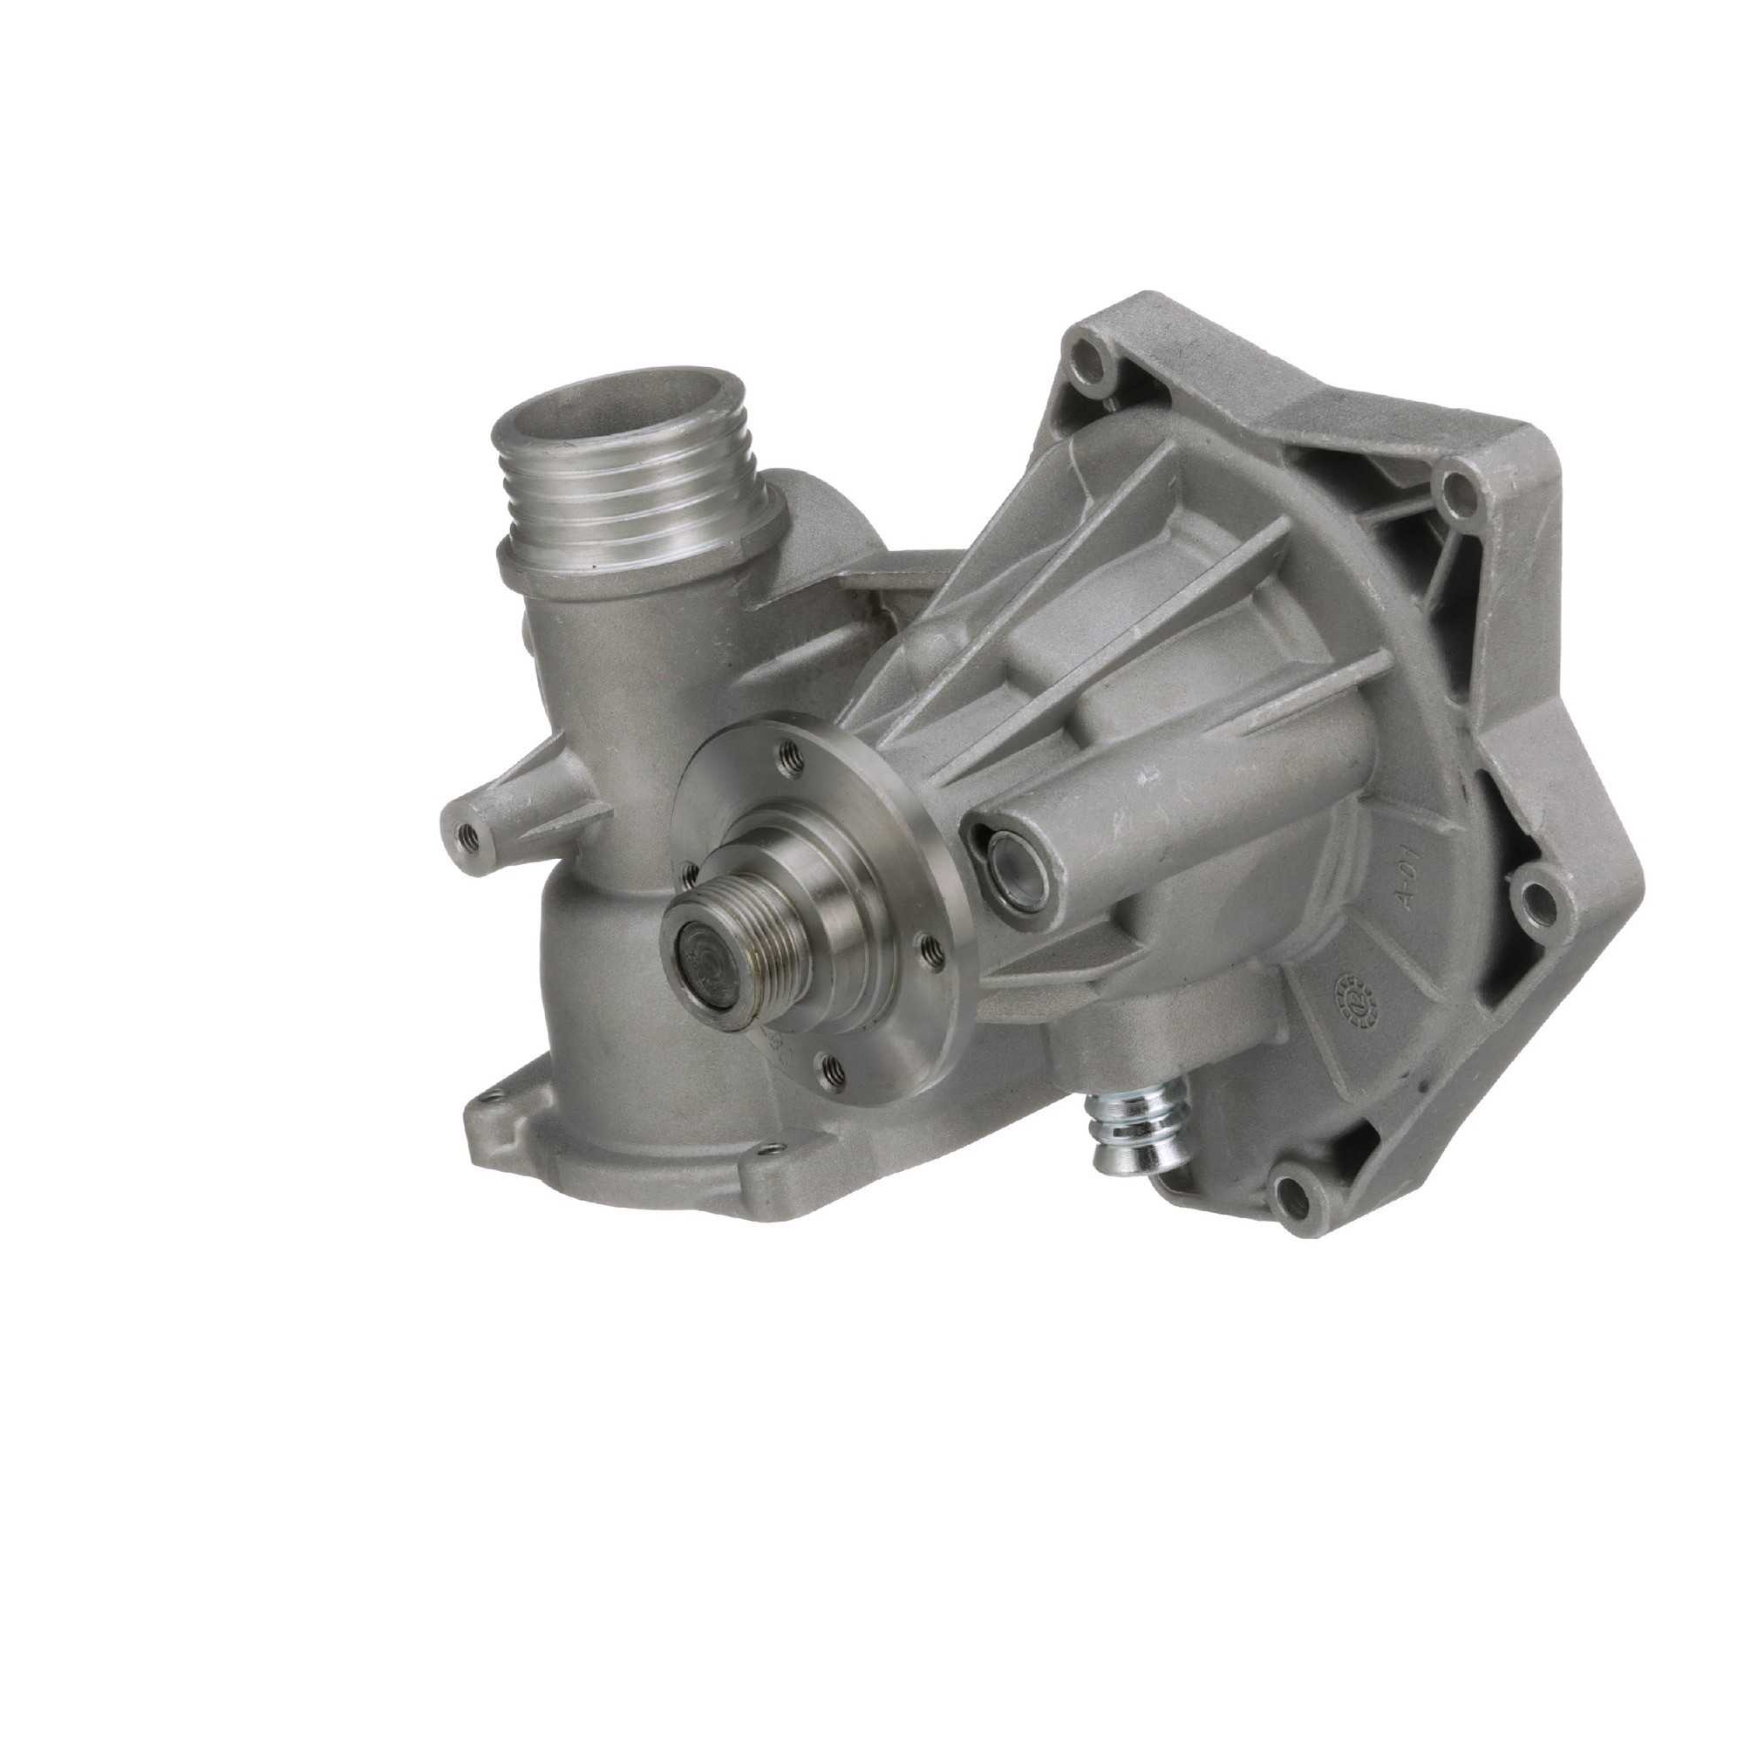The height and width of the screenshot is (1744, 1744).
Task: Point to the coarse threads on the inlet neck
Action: click(623, 506)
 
